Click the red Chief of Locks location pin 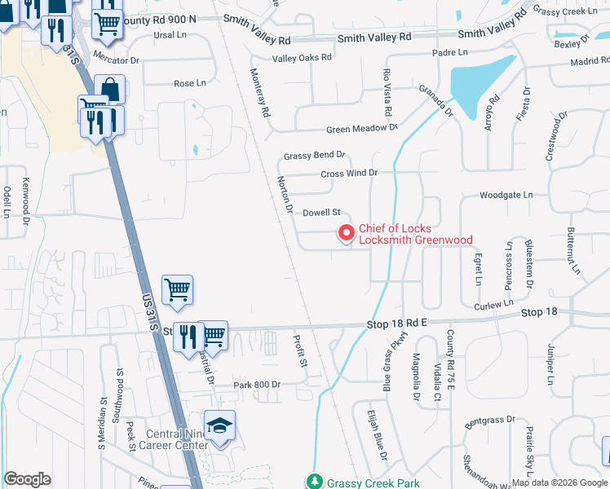(346, 234)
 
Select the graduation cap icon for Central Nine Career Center (219, 426)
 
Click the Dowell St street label (320, 213)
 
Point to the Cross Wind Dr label (349, 173)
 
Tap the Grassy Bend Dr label (315, 155)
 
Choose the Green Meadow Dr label (361, 129)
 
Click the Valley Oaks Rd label (302, 58)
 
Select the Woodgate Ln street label (506, 196)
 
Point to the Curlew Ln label (494, 305)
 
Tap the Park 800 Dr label (256, 384)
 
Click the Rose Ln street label (190, 83)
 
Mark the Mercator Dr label (117, 60)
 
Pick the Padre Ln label (450, 52)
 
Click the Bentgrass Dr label (490, 420)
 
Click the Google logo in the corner (27, 479)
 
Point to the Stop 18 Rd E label (397, 324)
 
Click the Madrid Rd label (590, 61)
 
